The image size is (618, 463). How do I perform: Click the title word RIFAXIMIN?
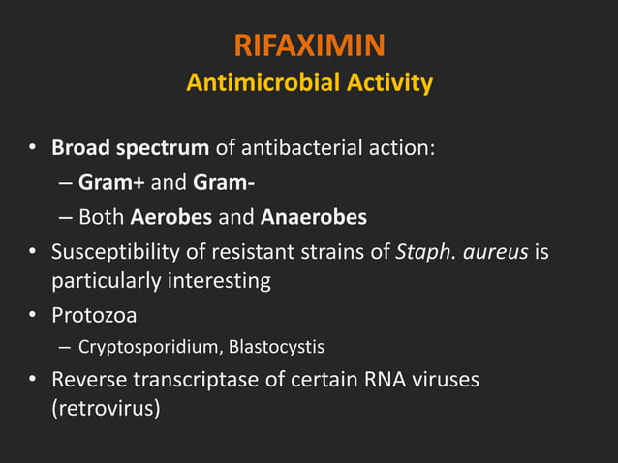[x=309, y=45]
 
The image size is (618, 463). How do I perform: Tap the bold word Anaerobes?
[x=315, y=216]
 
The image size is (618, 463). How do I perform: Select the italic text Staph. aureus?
[x=463, y=252]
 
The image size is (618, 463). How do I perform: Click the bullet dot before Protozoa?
[x=32, y=316]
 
